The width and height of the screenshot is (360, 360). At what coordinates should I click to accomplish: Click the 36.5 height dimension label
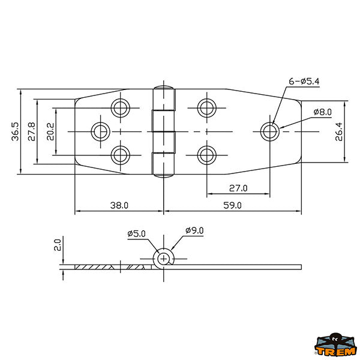16,131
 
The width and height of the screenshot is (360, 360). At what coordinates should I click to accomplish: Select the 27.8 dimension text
31,131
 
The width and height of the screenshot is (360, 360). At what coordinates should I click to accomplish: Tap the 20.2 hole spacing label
50,131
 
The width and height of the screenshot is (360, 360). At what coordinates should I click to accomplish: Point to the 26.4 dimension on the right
338,131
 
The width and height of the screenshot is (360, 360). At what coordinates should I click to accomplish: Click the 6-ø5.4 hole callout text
304,81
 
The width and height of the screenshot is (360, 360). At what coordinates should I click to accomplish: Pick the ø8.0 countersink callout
323,112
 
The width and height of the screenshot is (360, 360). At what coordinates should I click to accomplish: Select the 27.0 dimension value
238,188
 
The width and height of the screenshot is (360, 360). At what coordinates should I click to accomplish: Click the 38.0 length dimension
119,205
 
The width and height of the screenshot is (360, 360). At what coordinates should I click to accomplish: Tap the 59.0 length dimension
232,205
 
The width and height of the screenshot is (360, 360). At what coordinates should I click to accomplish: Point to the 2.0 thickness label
57,245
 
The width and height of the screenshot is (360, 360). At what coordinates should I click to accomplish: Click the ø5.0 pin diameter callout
136,234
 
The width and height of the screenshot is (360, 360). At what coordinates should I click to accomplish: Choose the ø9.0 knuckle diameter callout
194,230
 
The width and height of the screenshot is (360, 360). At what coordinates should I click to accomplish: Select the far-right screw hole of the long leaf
270,132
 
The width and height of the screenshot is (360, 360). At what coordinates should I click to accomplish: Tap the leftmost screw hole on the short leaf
100,132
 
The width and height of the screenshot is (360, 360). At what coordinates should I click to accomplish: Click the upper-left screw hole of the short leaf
121,108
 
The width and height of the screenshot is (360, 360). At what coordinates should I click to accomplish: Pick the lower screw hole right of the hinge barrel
206,155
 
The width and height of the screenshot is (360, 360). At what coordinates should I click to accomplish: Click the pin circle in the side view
163,259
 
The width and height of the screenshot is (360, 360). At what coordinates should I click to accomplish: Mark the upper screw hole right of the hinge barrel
206,108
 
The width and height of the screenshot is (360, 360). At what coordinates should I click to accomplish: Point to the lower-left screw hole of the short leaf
121,155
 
